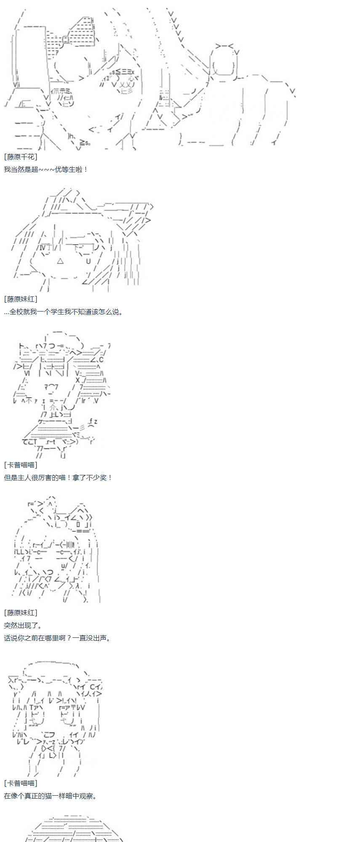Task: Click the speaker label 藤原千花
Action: coord(21,157)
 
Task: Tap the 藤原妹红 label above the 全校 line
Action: coord(21,299)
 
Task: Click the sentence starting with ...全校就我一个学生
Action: coord(64,312)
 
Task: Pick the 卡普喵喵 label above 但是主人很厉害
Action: coord(21,465)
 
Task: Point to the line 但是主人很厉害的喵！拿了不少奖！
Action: coord(59,478)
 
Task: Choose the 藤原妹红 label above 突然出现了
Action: coord(21,613)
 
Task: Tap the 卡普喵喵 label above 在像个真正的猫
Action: coord(21,783)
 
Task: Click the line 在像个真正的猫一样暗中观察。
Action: coord(51,796)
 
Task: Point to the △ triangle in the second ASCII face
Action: coord(60,261)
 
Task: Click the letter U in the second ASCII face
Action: coord(88,261)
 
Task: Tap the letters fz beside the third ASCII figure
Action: coord(93,421)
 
